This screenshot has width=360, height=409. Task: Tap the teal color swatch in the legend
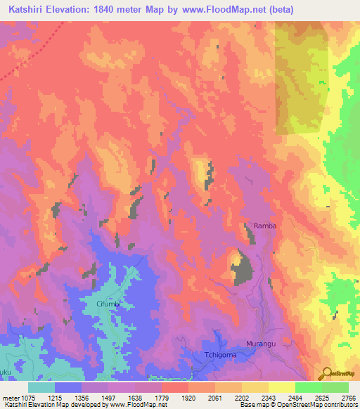[x=41, y=387]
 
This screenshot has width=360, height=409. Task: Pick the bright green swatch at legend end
[x=335, y=387]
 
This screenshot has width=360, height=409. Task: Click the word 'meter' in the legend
[x=12, y=398]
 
